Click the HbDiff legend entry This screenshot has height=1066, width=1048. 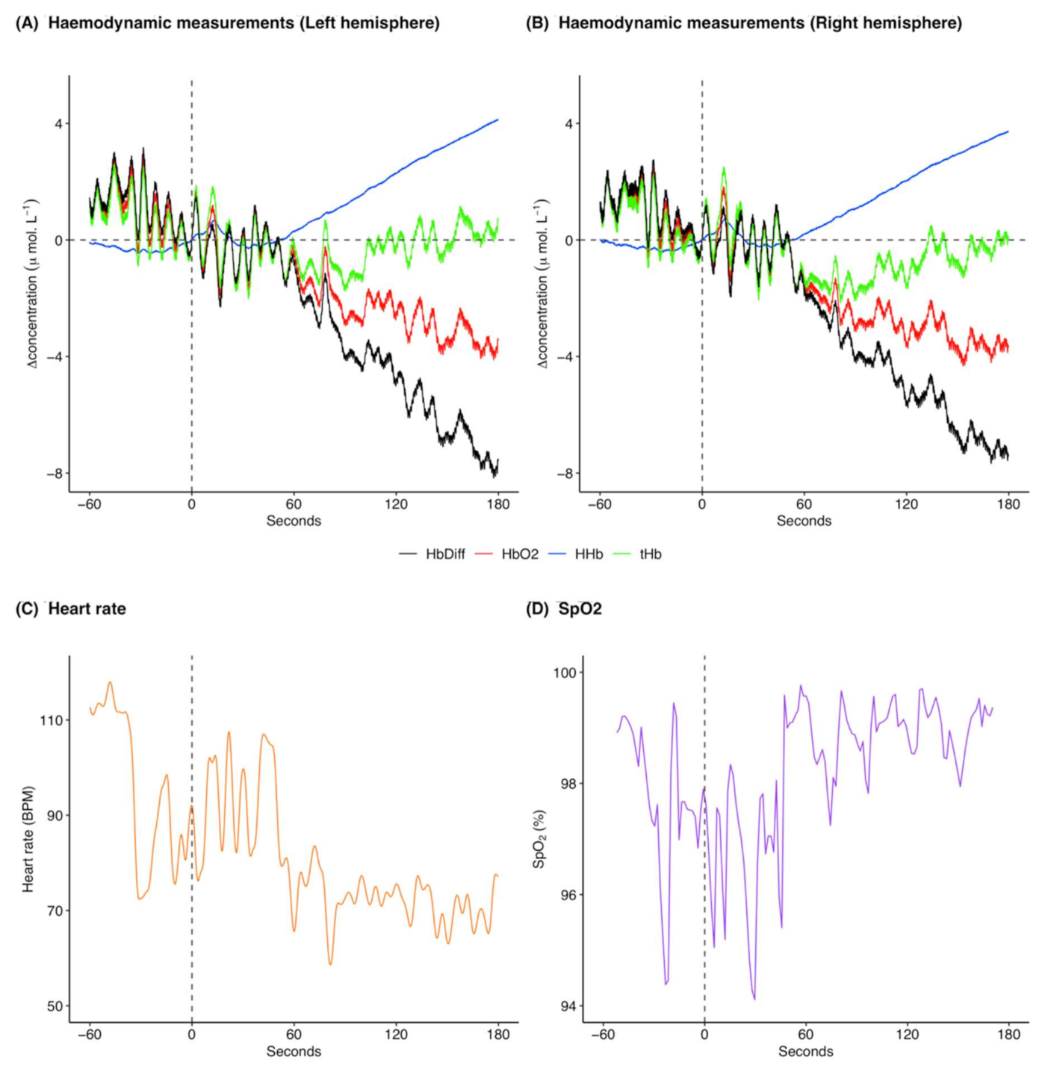(x=444, y=554)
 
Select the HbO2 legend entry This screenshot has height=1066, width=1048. (x=519, y=554)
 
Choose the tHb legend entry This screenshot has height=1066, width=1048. (x=650, y=554)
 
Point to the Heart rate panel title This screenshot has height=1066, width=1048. (x=87, y=609)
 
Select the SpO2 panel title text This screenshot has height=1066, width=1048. (x=580, y=609)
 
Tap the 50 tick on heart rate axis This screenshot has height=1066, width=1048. (x=55, y=1006)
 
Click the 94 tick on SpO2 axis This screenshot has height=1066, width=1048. (x=568, y=1006)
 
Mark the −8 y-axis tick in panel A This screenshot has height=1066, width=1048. (x=52, y=474)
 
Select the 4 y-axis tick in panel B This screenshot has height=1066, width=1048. (x=569, y=124)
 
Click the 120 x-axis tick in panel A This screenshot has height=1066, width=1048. (x=396, y=504)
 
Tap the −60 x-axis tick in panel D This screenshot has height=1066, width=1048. (x=602, y=1035)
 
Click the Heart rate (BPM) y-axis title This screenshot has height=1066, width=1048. (x=28, y=839)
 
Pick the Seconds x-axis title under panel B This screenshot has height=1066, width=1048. (x=804, y=521)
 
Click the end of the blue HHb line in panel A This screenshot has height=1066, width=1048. (x=497, y=120)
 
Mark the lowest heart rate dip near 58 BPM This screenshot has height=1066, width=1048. (x=330, y=964)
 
